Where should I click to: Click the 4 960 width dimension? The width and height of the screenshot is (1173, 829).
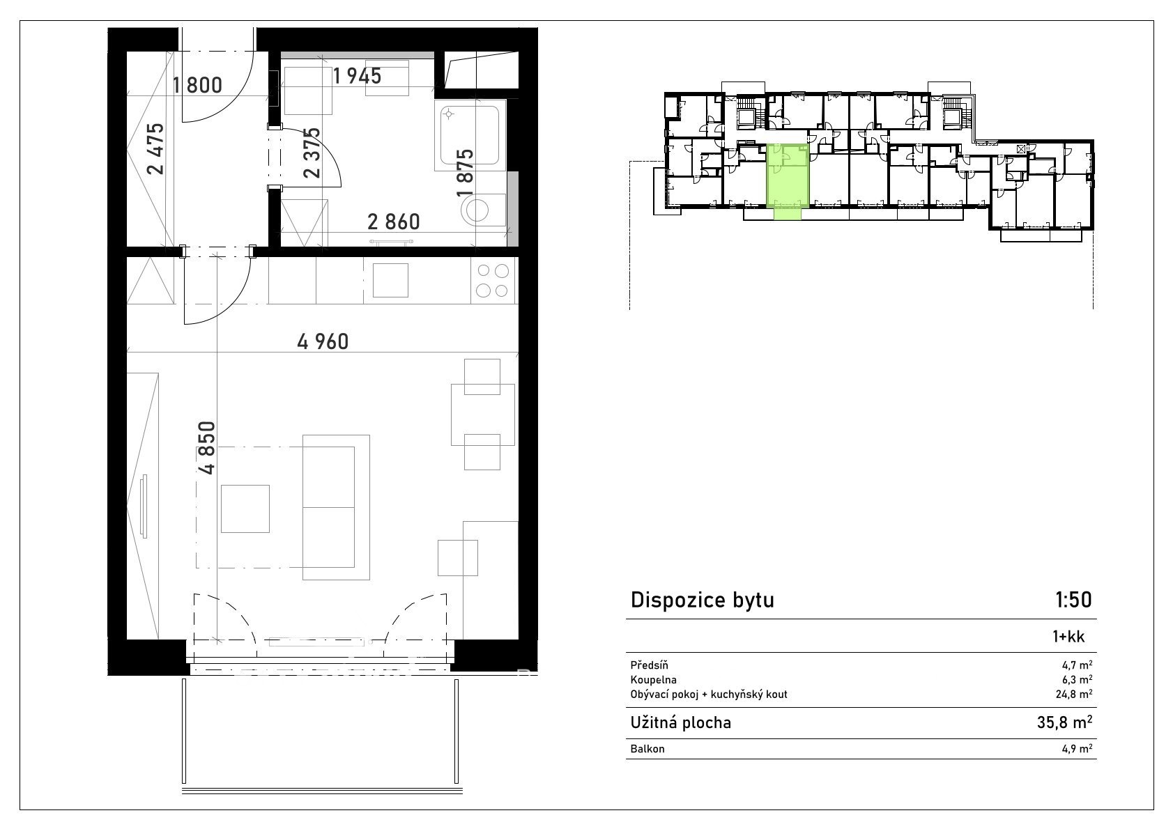(323, 342)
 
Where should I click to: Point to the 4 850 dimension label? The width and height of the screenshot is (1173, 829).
(207, 448)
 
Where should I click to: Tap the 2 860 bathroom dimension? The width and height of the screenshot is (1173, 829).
(393, 222)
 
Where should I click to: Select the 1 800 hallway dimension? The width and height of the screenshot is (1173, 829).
(197, 85)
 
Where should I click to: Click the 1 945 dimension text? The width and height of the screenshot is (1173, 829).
(357, 77)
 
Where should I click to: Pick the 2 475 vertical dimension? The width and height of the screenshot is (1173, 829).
(155, 148)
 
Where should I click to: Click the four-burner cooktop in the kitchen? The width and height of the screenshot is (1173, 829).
(493, 281)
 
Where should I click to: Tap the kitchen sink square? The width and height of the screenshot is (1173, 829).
(390, 281)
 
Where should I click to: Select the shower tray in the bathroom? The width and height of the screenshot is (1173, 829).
(470, 135)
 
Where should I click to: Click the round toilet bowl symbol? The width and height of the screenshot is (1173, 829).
(476, 210)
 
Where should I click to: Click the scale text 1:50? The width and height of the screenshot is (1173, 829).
(1073, 601)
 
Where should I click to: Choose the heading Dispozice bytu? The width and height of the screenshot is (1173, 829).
(703, 601)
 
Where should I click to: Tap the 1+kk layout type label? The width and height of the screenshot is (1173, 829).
(1068, 637)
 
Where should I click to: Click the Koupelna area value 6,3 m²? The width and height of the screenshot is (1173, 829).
(1078, 680)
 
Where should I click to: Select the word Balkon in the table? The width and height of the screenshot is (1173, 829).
(647, 749)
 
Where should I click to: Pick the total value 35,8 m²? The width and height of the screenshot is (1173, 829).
(1064, 722)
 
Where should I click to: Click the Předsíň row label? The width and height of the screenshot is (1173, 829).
(650, 665)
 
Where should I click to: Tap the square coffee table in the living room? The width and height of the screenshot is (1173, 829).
(245, 509)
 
